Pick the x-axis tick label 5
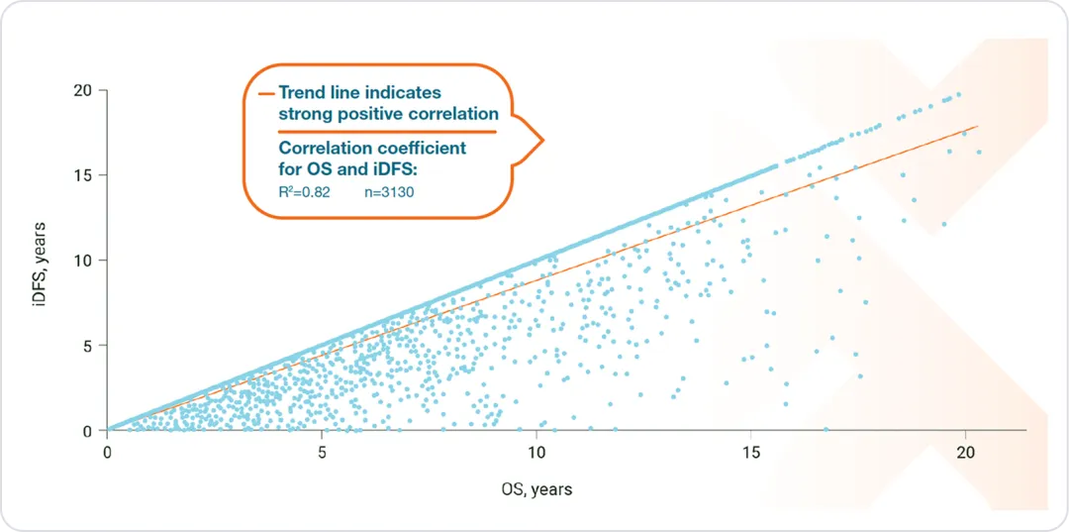(x=322, y=451)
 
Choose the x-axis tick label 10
(x=535, y=451)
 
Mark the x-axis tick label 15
(x=750, y=451)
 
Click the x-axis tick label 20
(x=965, y=451)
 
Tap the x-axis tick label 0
(x=107, y=451)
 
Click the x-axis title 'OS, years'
(x=535, y=488)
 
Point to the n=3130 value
(x=388, y=191)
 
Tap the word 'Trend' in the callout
(x=301, y=92)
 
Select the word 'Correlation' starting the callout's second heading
(x=320, y=149)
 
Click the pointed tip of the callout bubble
(x=543, y=140)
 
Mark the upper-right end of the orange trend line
(x=978, y=126)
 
